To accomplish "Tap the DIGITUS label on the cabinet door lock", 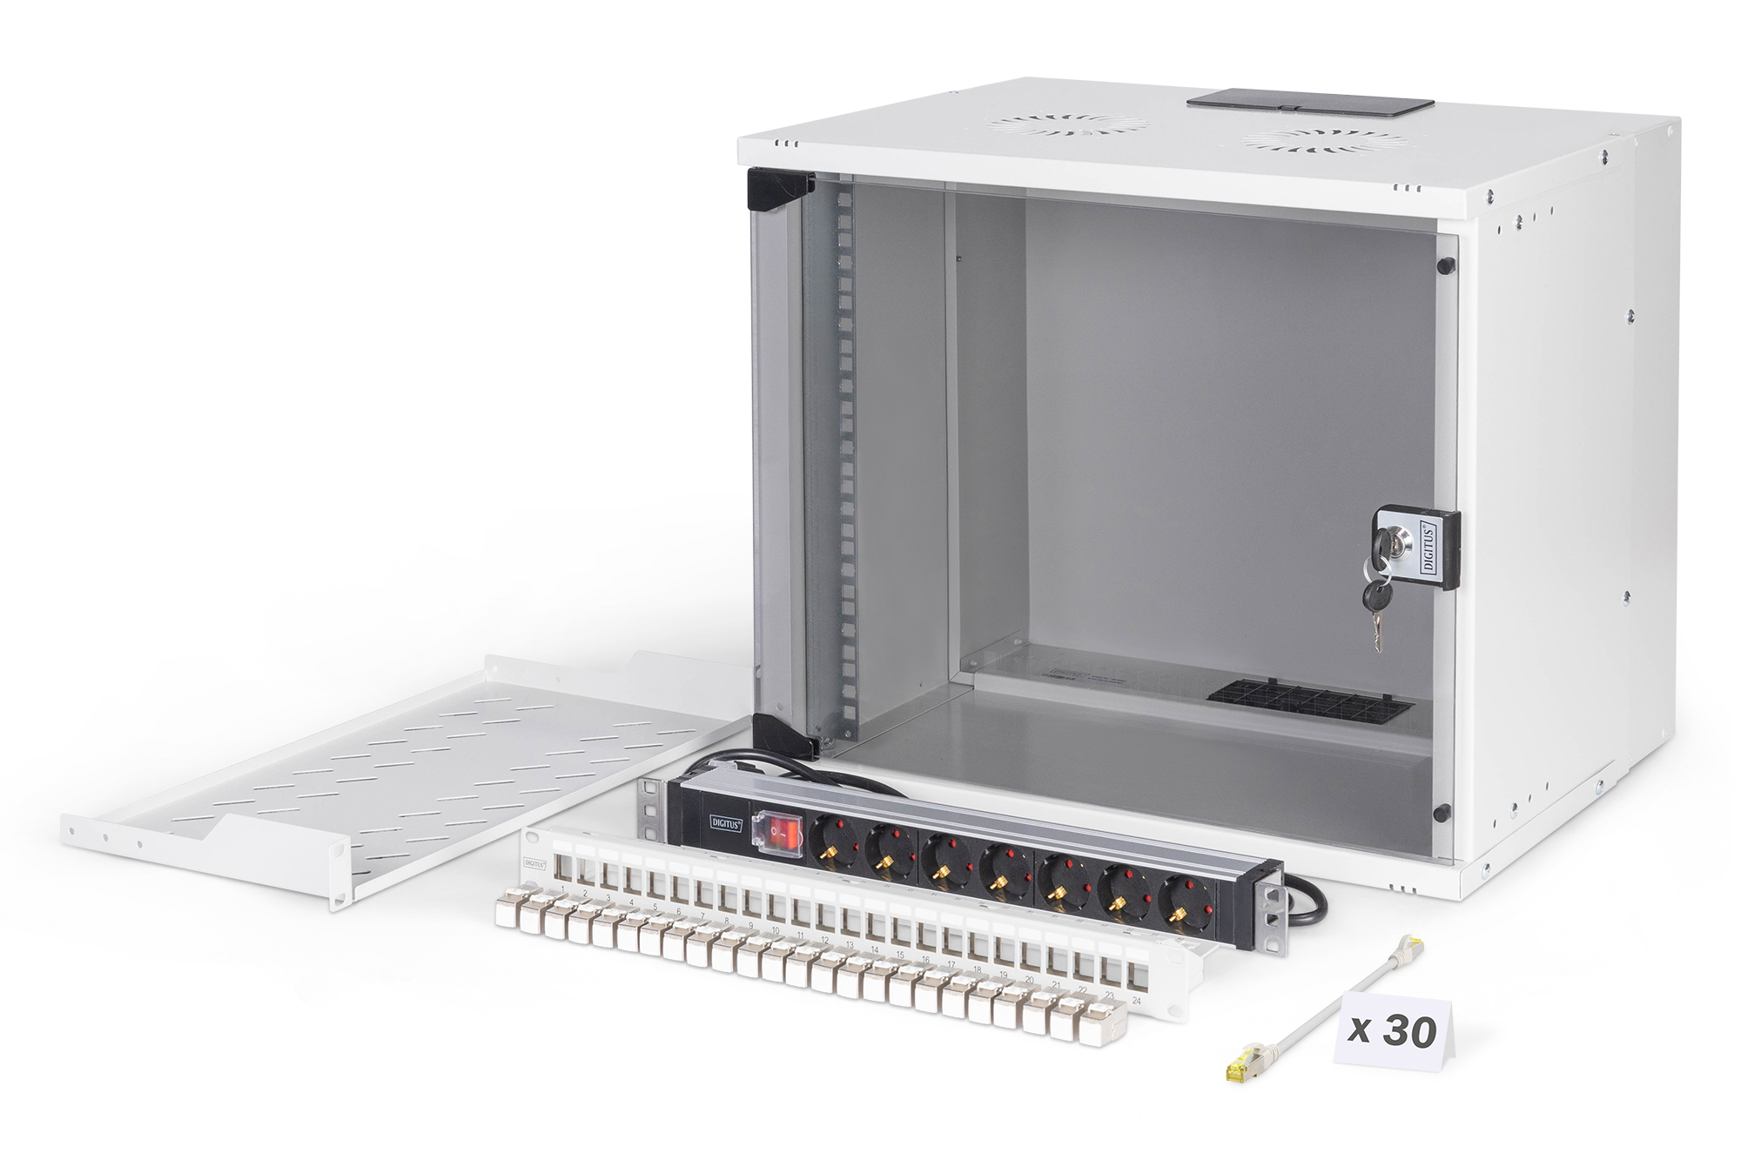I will tap(1428, 546).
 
